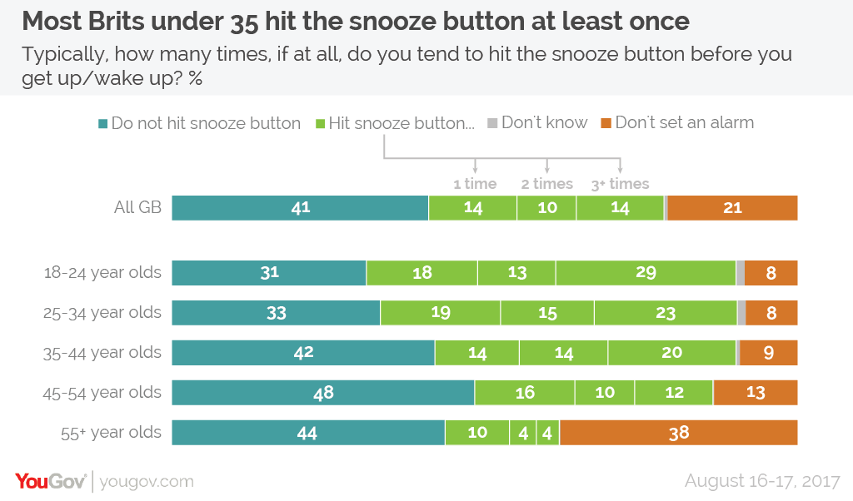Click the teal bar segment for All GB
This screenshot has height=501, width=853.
pyautogui.click(x=300, y=207)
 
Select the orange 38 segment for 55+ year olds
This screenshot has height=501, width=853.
pyautogui.click(x=679, y=433)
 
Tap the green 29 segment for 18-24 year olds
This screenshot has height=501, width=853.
pyautogui.click(x=646, y=273)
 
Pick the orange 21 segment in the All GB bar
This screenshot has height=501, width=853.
pyautogui.click(x=733, y=207)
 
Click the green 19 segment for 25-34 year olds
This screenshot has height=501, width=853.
pyautogui.click(x=440, y=312)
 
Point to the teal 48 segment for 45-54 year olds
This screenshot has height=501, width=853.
pyautogui.click(x=323, y=392)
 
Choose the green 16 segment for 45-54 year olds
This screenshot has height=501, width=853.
pyautogui.click(x=525, y=392)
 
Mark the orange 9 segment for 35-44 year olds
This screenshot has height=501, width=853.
pyautogui.click(x=769, y=353)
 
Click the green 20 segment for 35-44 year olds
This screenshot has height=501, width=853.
pyautogui.click(x=672, y=353)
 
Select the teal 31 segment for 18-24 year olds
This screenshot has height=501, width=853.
pyautogui.click(x=269, y=273)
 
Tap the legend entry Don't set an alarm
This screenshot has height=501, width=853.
pyautogui.click(x=677, y=123)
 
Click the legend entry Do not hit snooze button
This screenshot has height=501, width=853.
pyautogui.click(x=199, y=123)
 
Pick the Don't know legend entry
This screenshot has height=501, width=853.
pyautogui.click(x=537, y=123)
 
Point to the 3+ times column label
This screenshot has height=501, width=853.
pyautogui.click(x=620, y=184)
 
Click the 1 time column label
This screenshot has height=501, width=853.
pyautogui.click(x=475, y=184)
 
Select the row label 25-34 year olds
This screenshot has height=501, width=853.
pyautogui.click(x=102, y=313)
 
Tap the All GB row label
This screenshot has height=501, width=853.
pyautogui.click(x=137, y=207)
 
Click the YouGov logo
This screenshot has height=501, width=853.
pyautogui.click(x=51, y=481)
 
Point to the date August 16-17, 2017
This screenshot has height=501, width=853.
pyautogui.click(x=762, y=481)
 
